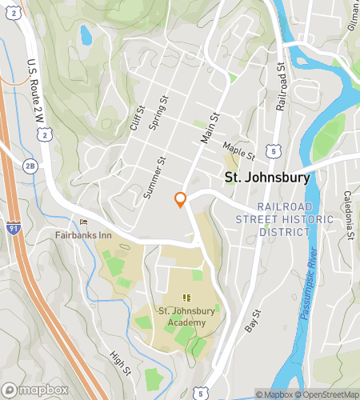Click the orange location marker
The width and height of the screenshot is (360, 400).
click(x=181, y=198)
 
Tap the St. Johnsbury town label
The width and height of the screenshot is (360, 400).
click(x=266, y=178)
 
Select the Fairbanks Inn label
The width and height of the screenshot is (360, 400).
click(x=84, y=236)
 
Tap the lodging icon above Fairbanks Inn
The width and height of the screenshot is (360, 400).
click(x=83, y=222)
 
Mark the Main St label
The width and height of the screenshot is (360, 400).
click(x=210, y=128)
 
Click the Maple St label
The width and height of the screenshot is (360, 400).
click(x=238, y=149)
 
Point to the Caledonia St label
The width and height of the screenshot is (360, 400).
click(x=349, y=215)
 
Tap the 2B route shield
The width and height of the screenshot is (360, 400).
click(x=31, y=166)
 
